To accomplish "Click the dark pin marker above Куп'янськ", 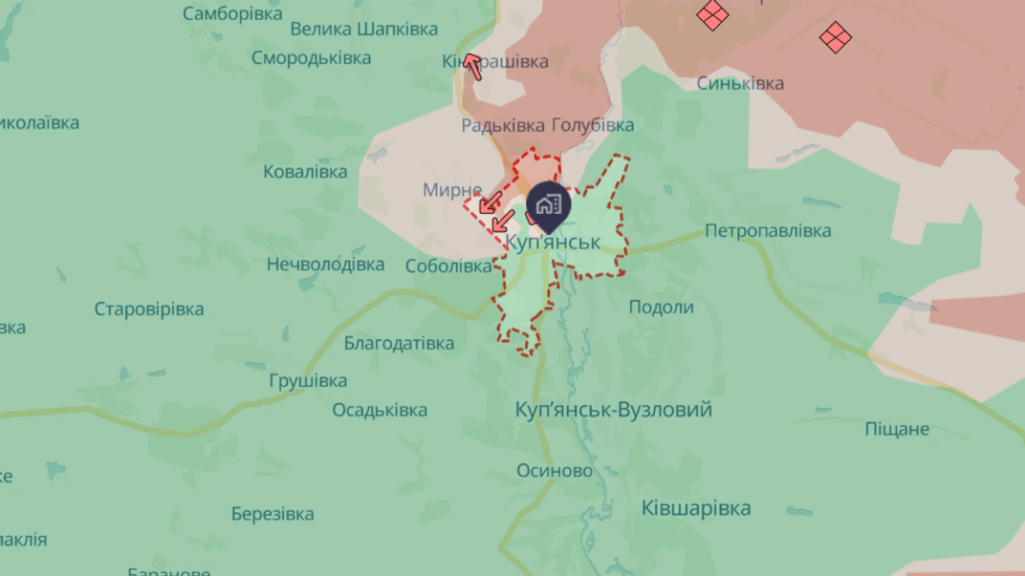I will [x=549, y=204].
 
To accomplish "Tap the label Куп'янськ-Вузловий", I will [x=613, y=410].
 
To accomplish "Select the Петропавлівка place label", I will [x=768, y=230].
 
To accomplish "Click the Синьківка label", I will [x=740, y=83].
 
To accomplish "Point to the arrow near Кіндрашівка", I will [x=472, y=66].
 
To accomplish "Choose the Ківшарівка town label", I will [x=696, y=508].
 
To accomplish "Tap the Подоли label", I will [x=661, y=307].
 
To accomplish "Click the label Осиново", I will [x=555, y=471].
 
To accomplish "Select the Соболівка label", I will [x=448, y=267].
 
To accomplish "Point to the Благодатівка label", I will [x=399, y=343].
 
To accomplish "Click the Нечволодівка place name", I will [x=325, y=264].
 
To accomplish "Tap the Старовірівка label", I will [x=149, y=309].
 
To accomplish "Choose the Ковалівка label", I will [x=305, y=172].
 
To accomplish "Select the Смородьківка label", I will [x=311, y=58].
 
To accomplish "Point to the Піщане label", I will [x=897, y=429].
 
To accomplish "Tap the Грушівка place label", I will [x=308, y=381].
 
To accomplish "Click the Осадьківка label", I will [x=380, y=410].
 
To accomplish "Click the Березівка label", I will [x=273, y=514].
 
